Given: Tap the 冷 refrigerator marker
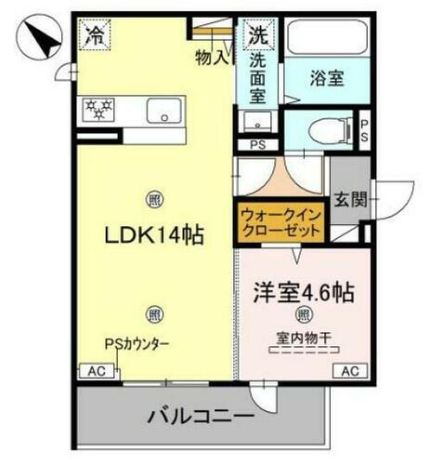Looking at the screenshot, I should (95, 37).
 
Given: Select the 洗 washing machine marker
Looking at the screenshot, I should (257, 36).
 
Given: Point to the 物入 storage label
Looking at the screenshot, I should (211, 58).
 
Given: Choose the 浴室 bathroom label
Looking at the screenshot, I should (328, 81).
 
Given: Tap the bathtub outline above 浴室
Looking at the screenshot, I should (326, 40).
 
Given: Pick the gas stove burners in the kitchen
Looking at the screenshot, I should (98, 109).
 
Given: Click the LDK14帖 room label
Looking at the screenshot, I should (151, 236).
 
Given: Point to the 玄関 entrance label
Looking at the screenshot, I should (351, 200).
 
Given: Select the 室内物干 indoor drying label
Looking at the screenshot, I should (304, 336).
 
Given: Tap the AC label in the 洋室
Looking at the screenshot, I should (349, 371).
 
